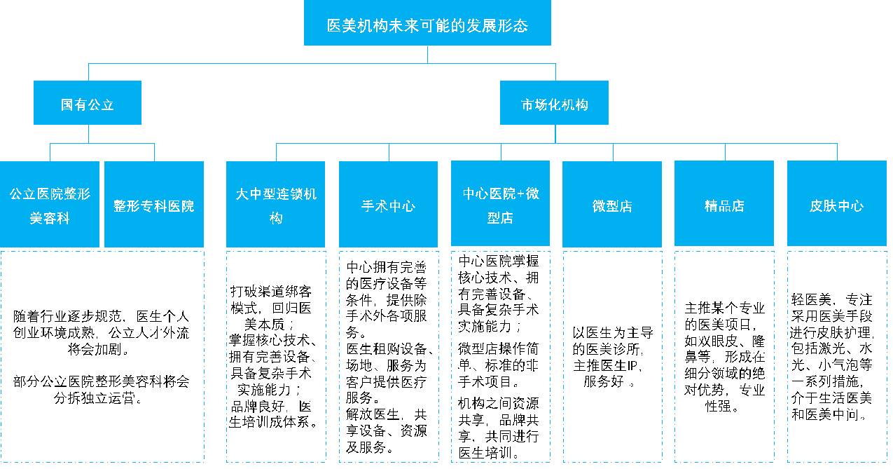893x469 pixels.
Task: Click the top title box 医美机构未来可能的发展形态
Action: tap(427, 27)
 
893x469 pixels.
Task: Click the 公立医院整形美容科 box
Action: tap(50, 205)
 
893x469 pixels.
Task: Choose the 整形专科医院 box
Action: tap(154, 205)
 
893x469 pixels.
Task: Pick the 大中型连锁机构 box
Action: tap(276, 205)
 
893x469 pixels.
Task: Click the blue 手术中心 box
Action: tap(388, 205)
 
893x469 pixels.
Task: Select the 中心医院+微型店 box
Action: tap(501, 205)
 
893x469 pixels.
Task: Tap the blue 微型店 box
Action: tap(612, 205)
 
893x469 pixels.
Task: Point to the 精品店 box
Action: tap(724, 205)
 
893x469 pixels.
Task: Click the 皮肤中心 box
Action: tap(836, 205)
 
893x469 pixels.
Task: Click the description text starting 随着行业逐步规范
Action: tap(101, 332)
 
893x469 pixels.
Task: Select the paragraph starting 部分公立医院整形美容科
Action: tap(101, 390)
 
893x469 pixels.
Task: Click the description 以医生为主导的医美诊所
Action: tap(611, 357)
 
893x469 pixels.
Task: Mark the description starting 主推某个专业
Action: tap(724, 357)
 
